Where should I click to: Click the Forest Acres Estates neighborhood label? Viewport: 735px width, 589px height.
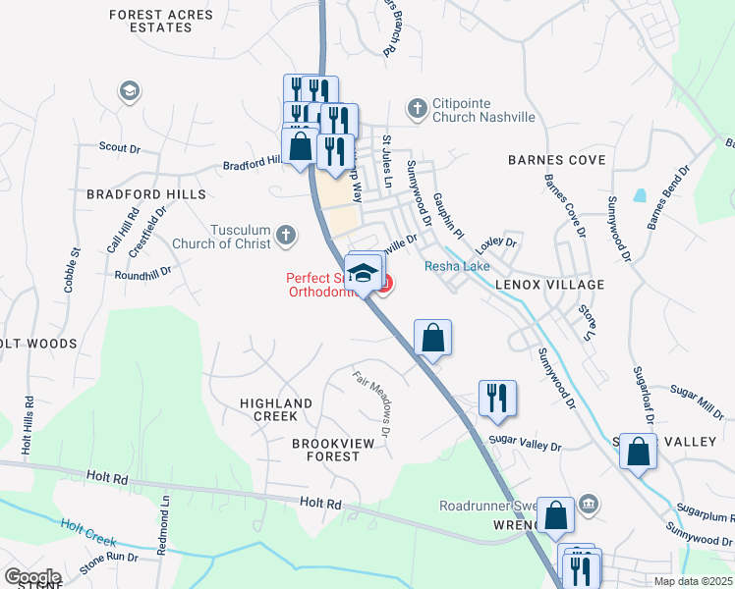[151, 21]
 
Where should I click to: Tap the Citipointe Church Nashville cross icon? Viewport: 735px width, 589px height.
[417, 108]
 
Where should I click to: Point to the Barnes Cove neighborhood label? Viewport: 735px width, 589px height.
[556, 159]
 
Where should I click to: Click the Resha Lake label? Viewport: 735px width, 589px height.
[451, 266]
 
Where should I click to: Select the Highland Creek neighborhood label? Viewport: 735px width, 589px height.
[268, 409]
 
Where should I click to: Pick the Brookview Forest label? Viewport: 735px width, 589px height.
[333, 451]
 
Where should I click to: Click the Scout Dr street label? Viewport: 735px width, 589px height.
[121, 147]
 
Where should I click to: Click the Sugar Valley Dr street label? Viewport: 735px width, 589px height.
[525, 444]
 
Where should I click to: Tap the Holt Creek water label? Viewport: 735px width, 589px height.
[87, 534]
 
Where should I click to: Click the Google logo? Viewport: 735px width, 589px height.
[32, 577]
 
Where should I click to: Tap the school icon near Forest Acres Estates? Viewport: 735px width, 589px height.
[128, 91]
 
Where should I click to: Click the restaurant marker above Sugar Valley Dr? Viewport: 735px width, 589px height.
[497, 398]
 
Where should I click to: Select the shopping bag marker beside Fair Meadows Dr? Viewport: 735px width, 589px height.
[432, 338]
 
